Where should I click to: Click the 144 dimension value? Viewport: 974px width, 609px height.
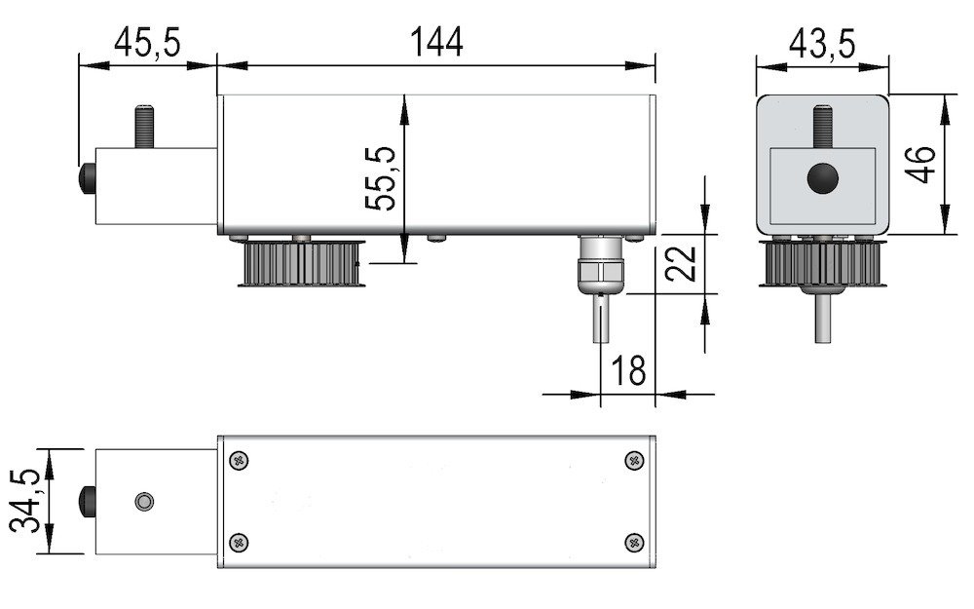coord(436,42)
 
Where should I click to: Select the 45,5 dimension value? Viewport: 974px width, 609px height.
coord(147,43)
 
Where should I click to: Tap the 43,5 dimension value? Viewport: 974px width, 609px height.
coord(822,44)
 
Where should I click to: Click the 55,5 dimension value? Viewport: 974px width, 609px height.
coord(380,178)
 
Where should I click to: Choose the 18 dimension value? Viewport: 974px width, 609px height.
coord(628,370)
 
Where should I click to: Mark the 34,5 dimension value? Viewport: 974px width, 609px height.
coord(26,501)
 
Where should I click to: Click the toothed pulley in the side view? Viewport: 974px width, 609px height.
coord(302,263)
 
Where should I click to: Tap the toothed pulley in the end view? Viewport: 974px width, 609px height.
coord(823,264)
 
